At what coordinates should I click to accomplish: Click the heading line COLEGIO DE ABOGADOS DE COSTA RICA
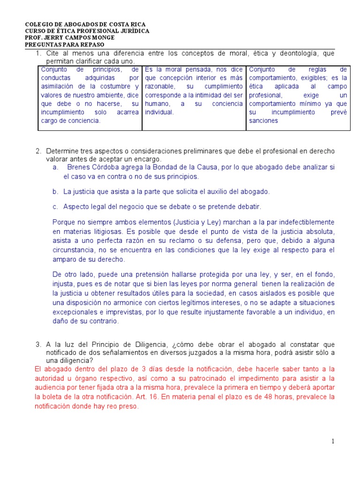(85, 24)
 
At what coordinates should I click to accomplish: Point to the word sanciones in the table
(263, 120)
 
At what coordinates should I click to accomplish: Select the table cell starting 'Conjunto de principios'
(90, 95)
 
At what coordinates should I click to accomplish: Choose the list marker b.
(55, 192)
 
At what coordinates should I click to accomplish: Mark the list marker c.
(55, 207)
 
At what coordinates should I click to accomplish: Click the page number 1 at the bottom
(333, 441)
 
